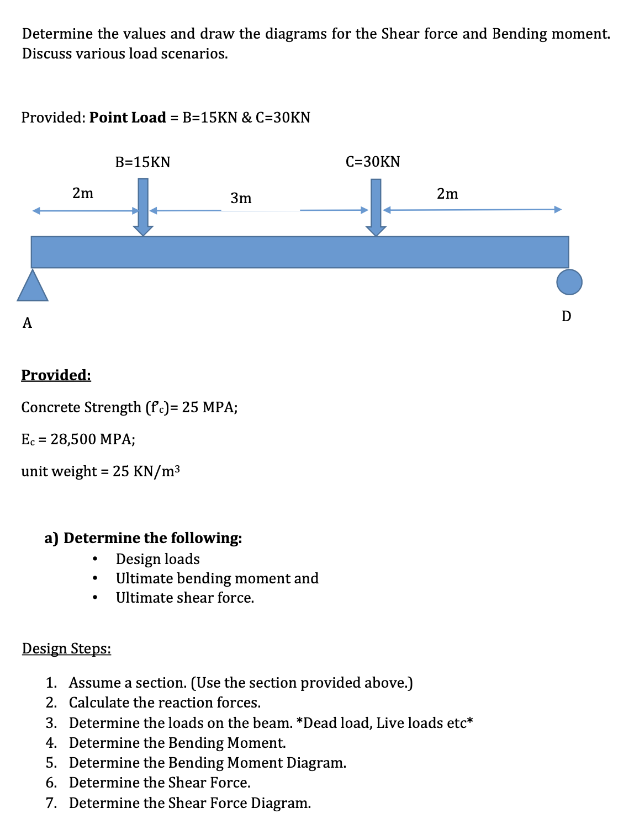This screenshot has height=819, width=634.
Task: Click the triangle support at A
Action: pyautogui.click(x=33, y=287)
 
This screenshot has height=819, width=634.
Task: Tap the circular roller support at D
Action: pyautogui.click(x=569, y=282)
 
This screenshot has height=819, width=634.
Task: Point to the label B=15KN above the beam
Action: pyautogui.click(x=142, y=162)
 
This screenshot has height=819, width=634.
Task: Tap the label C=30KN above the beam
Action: pyautogui.click(x=373, y=162)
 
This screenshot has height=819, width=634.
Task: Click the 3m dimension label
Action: pyautogui.click(x=241, y=198)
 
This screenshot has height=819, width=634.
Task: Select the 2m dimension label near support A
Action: pyautogui.click(x=83, y=193)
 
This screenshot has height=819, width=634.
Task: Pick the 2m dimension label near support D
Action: pyautogui.click(x=447, y=194)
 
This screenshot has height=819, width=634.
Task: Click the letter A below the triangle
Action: pyautogui.click(x=27, y=323)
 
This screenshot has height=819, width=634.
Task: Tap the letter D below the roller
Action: pyautogui.click(x=566, y=316)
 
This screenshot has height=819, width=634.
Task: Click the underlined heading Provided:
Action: pyautogui.click(x=56, y=375)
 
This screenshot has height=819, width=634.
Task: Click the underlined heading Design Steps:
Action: pyautogui.click(x=66, y=648)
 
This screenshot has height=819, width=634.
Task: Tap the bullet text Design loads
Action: pyautogui.click(x=157, y=559)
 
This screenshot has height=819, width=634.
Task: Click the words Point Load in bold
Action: pyautogui.click(x=128, y=118)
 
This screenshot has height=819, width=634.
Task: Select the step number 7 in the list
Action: pyautogui.click(x=51, y=803)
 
